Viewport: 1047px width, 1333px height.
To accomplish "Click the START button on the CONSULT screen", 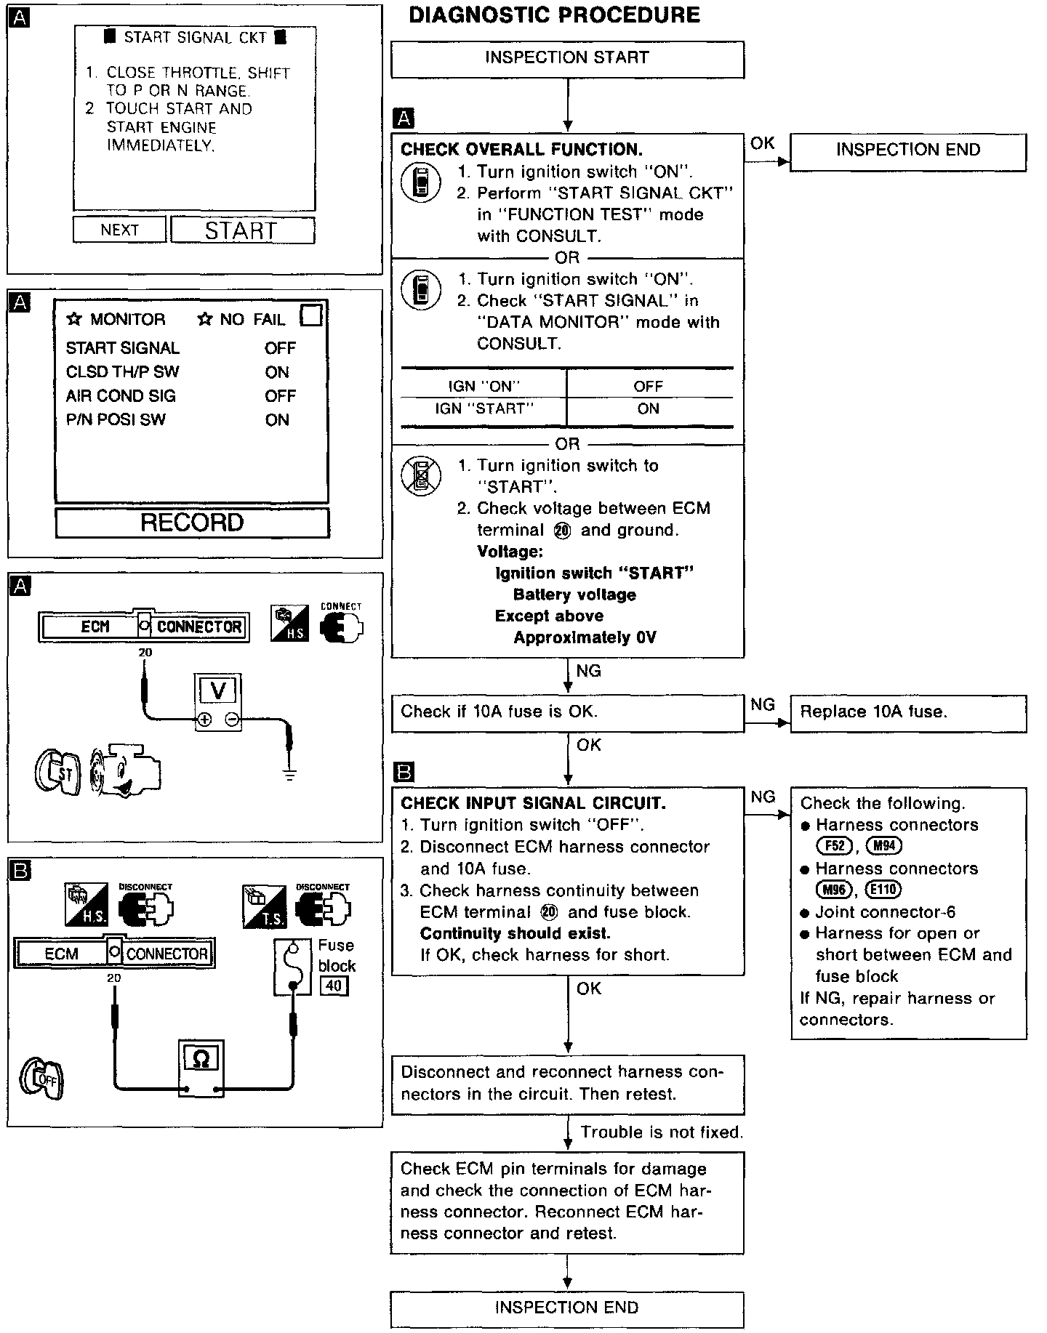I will pos(242,230).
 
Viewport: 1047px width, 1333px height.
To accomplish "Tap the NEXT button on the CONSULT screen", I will pos(119,230).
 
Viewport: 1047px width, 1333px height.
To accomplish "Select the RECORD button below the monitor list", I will pos(192,523).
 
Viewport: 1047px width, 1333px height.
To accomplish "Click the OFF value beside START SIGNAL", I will pos(280,348).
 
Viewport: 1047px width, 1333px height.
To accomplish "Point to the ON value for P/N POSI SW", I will pos(277,420).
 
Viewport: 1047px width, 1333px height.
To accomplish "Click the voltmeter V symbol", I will pos(217,690).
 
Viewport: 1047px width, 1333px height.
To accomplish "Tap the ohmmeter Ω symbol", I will pos(201,1059).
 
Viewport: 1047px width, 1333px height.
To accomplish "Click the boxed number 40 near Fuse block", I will pos(334,986).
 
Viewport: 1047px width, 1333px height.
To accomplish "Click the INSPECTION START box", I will pos(567,58).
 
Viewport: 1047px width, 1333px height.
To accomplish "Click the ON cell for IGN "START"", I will pos(649,409).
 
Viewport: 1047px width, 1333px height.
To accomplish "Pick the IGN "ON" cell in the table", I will pos(484,387).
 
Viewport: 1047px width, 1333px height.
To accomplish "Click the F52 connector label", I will pos(833,846).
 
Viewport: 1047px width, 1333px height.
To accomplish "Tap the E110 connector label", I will pos(883,890).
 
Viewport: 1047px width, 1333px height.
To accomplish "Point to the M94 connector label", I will pos(884,846).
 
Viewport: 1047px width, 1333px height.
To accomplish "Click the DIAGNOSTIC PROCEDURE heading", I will pos(554,16).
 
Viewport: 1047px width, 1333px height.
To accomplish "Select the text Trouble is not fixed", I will pos(662,1132).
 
